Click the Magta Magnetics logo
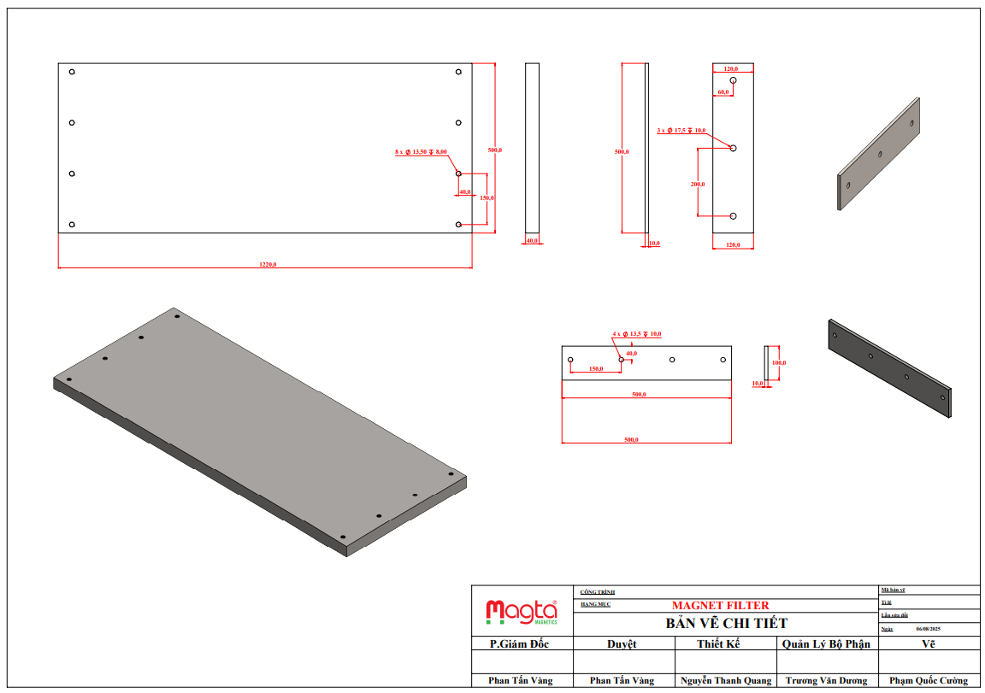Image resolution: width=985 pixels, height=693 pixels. point(522,612)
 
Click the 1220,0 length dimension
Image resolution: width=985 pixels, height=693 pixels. point(268,264)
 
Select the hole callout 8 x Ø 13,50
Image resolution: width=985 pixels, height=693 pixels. point(421,151)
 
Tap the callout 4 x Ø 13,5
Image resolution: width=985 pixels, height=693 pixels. point(636,334)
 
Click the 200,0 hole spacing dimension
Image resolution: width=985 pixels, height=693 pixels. point(697,184)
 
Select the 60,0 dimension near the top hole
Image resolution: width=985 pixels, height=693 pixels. point(723,91)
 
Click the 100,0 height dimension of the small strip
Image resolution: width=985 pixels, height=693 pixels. point(778,363)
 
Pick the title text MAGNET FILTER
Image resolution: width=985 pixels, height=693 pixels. point(720,606)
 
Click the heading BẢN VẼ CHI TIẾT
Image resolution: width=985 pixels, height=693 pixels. point(726,623)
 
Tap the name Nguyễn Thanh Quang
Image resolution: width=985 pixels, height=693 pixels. point(726,681)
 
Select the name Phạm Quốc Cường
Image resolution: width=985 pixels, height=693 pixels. point(929,681)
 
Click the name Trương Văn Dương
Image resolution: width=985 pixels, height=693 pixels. point(826,681)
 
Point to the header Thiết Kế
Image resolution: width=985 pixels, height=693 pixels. point(724,644)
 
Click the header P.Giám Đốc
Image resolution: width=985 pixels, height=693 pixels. point(519,644)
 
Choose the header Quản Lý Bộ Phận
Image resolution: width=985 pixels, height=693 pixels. point(825,644)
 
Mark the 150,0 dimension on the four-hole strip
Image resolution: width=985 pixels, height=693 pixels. point(596,369)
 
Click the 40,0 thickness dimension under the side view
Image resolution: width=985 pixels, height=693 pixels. point(532,241)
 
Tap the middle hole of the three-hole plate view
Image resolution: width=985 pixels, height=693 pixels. point(733,148)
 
